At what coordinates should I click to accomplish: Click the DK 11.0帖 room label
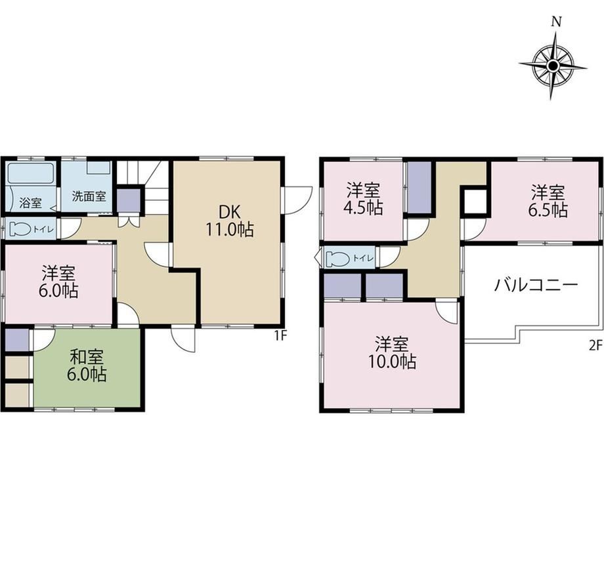click(230, 221)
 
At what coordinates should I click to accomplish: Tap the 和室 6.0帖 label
click(87, 366)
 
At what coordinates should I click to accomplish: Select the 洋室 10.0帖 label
click(392, 352)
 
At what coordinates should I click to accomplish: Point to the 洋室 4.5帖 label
click(363, 199)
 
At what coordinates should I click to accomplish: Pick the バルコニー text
click(536, 285)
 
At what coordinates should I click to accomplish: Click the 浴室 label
click(30, 203)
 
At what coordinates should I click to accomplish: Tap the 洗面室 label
click(89, 196)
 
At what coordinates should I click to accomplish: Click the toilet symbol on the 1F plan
click(20, 230)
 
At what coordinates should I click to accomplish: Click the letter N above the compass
click(555, 22)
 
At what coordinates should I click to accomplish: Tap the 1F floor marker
click(281, 336)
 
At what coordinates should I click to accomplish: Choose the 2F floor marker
click(595, 346)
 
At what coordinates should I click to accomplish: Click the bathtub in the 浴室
click(31, 174)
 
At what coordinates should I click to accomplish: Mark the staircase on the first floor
click(143, 187)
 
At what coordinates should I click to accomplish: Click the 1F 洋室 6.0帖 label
click(58, 282)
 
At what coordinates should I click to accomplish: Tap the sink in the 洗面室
click(98, 168)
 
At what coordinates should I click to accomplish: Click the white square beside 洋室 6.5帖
click(475, 201)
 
